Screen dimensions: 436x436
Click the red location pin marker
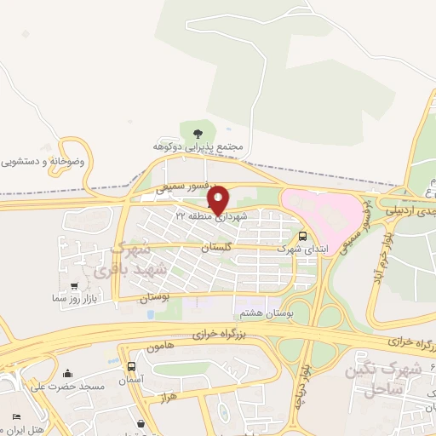[x=218, y=199]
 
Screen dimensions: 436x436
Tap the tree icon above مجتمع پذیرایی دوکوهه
[x=198, y=132]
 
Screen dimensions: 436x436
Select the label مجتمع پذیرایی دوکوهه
[x=198, y=146]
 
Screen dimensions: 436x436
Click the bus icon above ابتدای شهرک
[x=303, y=236]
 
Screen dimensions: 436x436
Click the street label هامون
[x=159, y=347]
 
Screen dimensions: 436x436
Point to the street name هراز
[x=167, y=398]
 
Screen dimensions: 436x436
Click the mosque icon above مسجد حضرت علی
[x=67, y=373]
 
